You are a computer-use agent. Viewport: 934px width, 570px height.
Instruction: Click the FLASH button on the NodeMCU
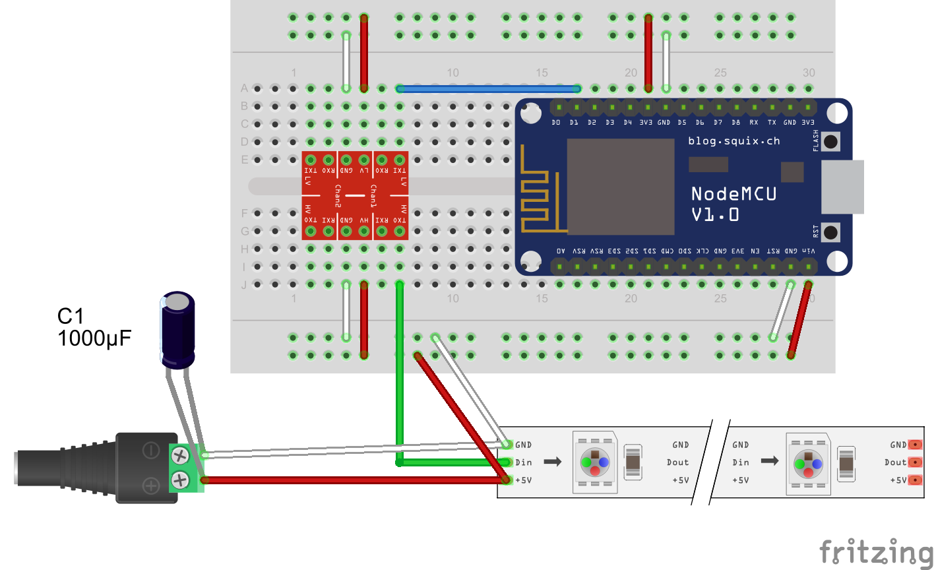click(x=831, y=141)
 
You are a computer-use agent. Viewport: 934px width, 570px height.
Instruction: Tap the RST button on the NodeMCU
click(x=831, y=232)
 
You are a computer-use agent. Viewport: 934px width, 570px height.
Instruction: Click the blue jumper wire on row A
click(x=488, y=88)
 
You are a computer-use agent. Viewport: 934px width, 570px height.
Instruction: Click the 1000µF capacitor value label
click(x=94, y=338)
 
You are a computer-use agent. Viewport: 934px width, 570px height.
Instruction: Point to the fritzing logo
click(x=876, y=552)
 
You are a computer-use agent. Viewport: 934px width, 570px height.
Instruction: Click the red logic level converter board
click(x=355, y=195)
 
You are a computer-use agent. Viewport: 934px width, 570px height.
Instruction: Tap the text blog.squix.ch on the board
click(x=733, y=141)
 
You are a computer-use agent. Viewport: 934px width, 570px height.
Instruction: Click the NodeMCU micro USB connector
click(x=842, y=187)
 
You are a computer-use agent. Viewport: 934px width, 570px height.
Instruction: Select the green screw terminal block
click(x=185, y=468)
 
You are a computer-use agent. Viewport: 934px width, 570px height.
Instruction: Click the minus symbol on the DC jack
click(x=151, y=451)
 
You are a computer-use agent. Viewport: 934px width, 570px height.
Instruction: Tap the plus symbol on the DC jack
click(x=151, y=486)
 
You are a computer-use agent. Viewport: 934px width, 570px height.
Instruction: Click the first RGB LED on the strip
click(x=595, y=462)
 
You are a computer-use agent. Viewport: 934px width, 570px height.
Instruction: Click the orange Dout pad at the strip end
click(x=915, y=462)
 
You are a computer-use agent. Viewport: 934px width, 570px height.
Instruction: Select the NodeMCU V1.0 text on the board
click(x=733, y=203)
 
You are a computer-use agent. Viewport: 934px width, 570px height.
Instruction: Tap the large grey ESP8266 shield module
click(x=621, y=187)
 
